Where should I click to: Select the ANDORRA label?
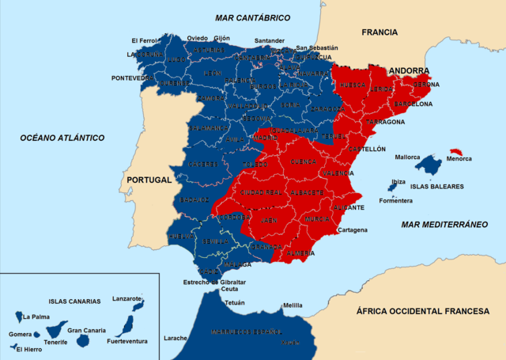[x=408, y=70]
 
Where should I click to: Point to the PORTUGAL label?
[x=148, y=180]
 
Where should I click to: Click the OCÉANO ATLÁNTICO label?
[x=62, y=138]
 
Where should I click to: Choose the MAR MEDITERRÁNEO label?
[x=444, y=225]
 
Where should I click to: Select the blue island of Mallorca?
[x=428, y=165]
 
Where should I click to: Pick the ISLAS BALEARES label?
[x=436, y=187]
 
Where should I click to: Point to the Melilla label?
[x=293, y=305]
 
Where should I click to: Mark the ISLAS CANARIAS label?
[x=74, y=301]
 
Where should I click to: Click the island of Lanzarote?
[x=138, y=305]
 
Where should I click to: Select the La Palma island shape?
[x=19, y=316]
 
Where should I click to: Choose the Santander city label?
[x=269, y=41]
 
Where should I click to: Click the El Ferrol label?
[x=145, y=40]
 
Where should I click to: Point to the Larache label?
[x=176, y=338]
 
